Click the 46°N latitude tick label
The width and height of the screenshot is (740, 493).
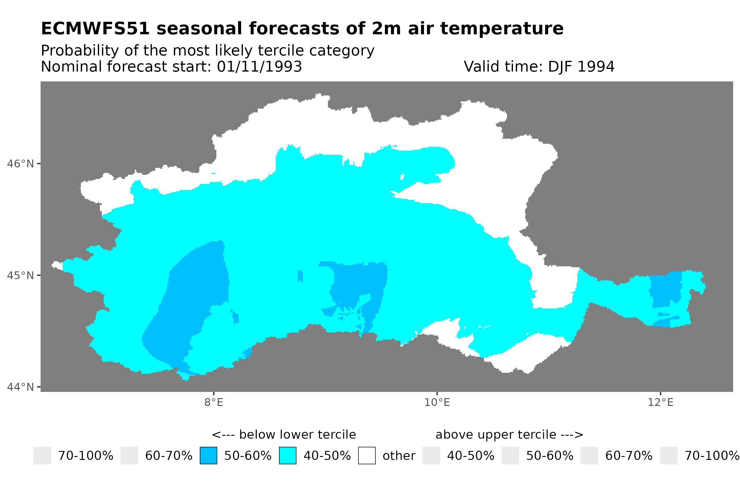(x=20, y=164)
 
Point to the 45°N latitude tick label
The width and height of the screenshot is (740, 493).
(x=20, y=275)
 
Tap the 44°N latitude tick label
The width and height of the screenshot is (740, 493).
(x=20, y=387)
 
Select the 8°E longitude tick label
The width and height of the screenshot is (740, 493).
(x=214, y=402)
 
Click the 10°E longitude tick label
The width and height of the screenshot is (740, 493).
(x=437, y=402)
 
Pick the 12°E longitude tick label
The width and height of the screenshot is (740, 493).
(x=660, y=402)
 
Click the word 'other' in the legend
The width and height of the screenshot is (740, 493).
(x=399, y=456)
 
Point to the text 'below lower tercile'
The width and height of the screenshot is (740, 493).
(x=297, y=435)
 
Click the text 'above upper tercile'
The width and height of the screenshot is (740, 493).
(x=495, y=435)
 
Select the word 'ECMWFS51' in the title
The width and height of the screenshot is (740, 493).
(x=95, y=29)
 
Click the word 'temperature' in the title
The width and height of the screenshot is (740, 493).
(x=502, y=29)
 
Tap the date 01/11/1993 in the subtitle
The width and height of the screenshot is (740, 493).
(x=259, y=67)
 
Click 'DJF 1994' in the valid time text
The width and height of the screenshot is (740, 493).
(x=581, y=67)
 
